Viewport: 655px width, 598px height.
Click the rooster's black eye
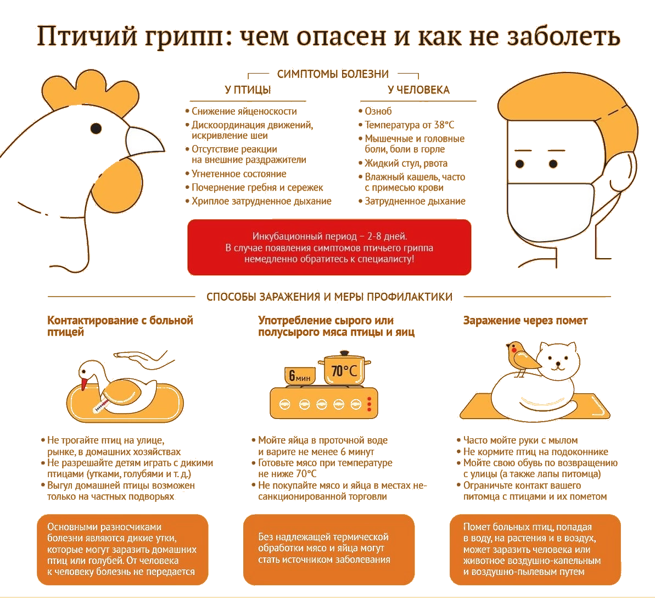point(96,128)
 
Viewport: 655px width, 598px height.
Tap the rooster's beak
point(144,141)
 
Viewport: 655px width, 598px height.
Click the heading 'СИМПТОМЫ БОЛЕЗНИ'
point(333,74)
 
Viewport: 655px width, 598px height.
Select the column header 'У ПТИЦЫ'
point(248,90)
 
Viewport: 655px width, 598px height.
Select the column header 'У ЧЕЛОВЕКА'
point(418,90)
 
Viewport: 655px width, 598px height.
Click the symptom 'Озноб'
point(378,111)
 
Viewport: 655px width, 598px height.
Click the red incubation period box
point(329,248)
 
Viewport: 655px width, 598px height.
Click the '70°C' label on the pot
point(344,371)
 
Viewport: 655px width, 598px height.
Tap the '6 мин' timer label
point(300,376)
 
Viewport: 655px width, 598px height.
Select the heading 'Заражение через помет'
point(525,321)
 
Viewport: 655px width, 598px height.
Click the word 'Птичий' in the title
point(87,36)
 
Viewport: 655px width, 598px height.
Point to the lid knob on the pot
point(344,353)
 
